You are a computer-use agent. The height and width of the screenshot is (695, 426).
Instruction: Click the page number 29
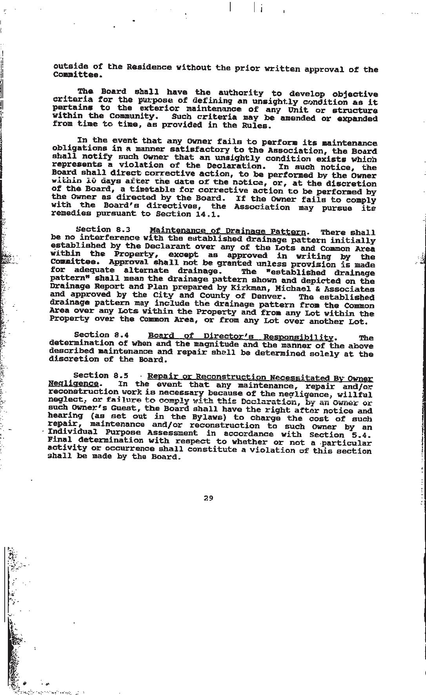208,498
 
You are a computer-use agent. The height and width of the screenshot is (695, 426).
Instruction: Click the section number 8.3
121,230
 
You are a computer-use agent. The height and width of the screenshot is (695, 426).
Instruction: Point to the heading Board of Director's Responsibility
240,337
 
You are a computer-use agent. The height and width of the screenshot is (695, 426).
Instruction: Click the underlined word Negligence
73,383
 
